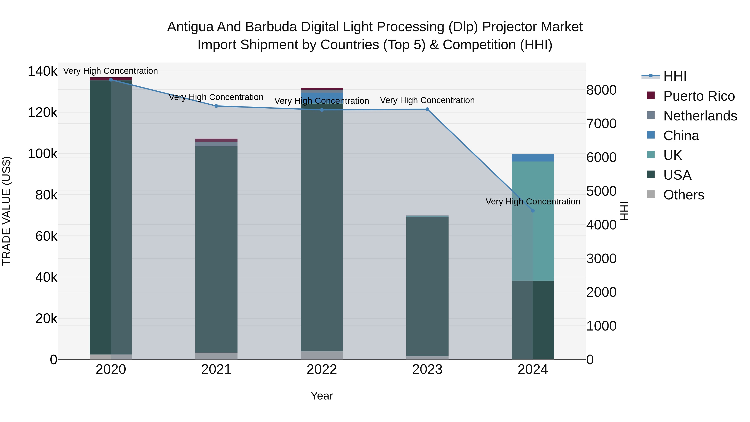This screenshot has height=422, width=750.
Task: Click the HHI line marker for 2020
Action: (111, 80)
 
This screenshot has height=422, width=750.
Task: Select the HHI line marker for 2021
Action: (216, 106)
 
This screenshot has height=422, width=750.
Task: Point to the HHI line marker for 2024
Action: (533, 210)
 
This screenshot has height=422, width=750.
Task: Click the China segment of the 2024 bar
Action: (533, 158)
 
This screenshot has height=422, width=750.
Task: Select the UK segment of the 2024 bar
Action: (543, 221)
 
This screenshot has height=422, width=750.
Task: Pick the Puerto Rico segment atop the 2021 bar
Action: (216, 140)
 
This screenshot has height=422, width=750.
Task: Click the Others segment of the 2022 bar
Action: (322, 355)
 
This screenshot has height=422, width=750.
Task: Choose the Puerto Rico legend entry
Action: (699, 96)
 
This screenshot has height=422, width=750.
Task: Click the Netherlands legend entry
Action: (700, 116)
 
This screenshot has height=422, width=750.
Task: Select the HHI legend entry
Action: (675, 76)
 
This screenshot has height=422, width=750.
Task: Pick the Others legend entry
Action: (683, 195)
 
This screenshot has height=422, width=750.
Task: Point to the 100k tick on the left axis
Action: (42, 154)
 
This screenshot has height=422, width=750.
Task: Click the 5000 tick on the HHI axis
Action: (601, 191)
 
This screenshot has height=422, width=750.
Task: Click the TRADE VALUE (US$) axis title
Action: (6, 211)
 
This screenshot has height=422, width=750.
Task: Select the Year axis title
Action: (322, 396)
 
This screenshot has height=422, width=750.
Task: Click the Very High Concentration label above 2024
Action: (533, 202)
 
